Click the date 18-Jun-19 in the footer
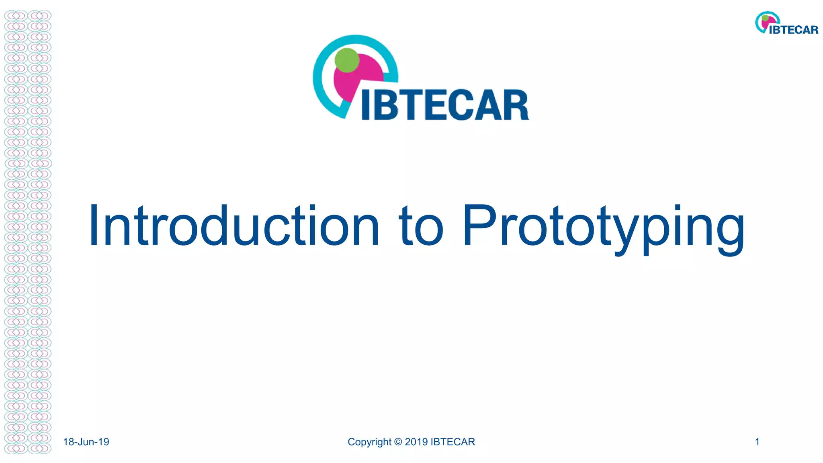coord(86,442)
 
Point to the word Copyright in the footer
coord(369,442)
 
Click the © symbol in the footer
coord(398,442)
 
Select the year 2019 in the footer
coord(416,442)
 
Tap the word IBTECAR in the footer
coord(452,442)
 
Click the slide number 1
coord(757,442)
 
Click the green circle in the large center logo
coord(347,60)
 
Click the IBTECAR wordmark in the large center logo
coord(445,105)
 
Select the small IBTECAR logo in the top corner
coord(786,23)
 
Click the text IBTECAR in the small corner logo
coord(794,30)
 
